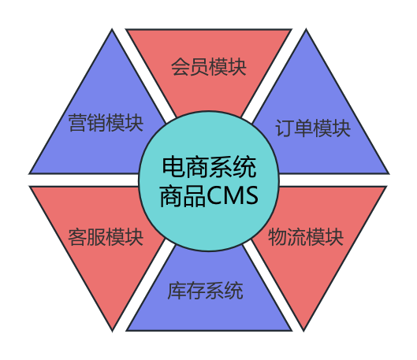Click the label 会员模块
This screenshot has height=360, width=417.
click(x=208, y=66)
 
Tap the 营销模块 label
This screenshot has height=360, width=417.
click(x=106, y=123)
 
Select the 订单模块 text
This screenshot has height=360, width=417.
click(x=313, y=128)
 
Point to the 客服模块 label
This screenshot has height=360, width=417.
click(x=106, y=237)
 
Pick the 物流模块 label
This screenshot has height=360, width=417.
click(x=306, y=237)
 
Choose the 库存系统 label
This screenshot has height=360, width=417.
click(x=205, y=291)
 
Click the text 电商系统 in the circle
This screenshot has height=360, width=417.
click(x=209, y=167)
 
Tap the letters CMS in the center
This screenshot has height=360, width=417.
click(x=233, y=195)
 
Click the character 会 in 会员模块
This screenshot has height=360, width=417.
click(x=180, y=67)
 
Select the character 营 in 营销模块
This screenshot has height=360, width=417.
click(x=78, y=123)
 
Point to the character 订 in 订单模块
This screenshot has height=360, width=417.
click(x=285, y=128)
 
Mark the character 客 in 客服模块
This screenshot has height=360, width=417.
click(x=78, y=237)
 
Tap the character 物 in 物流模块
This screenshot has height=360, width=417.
click(x=277, y=237)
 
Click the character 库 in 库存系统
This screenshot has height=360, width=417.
click(x=177, y=291)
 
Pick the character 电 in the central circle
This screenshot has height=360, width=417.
click(x=173, y=167)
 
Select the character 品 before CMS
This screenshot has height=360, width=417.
click(x=195, y=196)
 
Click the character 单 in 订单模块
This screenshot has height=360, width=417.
click(x=303, y=128)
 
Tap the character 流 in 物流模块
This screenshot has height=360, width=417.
click(x=296, y=237)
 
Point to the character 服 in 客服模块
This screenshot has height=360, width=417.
click(x=96, y=237)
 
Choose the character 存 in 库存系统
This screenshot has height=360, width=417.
click(x=195, y=291)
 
